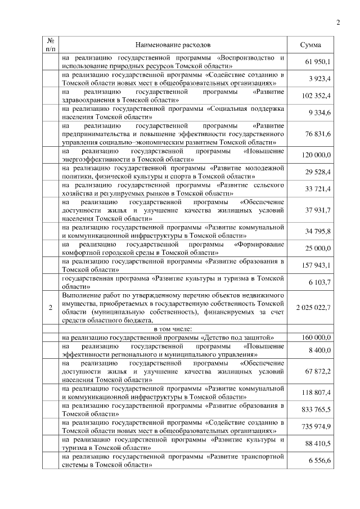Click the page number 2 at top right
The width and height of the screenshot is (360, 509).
[338, 22]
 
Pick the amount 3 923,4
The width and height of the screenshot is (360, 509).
[320, 79]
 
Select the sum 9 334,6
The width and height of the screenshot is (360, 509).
[320, 114]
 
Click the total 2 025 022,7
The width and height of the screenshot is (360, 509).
[313, 307]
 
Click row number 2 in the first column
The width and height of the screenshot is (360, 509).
[51, 307]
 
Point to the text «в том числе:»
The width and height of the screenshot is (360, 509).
[173, 328]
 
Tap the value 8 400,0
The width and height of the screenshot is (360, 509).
[320, 350]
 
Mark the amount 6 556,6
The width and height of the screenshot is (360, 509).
[320, 461]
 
